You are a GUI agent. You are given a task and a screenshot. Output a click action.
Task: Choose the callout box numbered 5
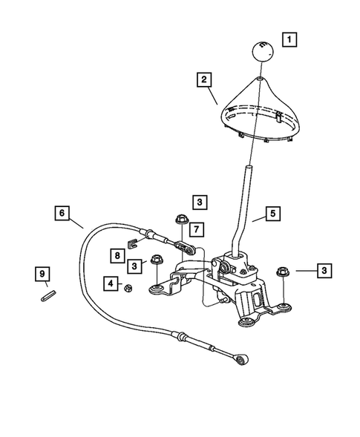(x=272, y=214)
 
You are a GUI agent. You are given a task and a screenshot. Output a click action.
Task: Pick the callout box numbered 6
(x=63, y=214)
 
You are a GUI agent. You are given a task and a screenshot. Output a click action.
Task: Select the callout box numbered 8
(x=118, y=254)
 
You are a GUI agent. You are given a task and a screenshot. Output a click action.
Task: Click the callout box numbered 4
(x=110, y=283)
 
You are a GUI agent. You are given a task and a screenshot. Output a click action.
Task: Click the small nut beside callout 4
(x=128, y=287)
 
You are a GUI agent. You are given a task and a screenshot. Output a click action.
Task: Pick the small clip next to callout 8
(x=135, y=241)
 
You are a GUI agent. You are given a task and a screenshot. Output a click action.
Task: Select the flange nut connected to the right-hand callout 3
(x=282, y=272)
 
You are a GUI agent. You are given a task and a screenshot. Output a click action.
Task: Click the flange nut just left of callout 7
(x=179, y=220)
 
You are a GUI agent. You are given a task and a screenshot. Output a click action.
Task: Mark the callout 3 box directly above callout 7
(x=200, y=201)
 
